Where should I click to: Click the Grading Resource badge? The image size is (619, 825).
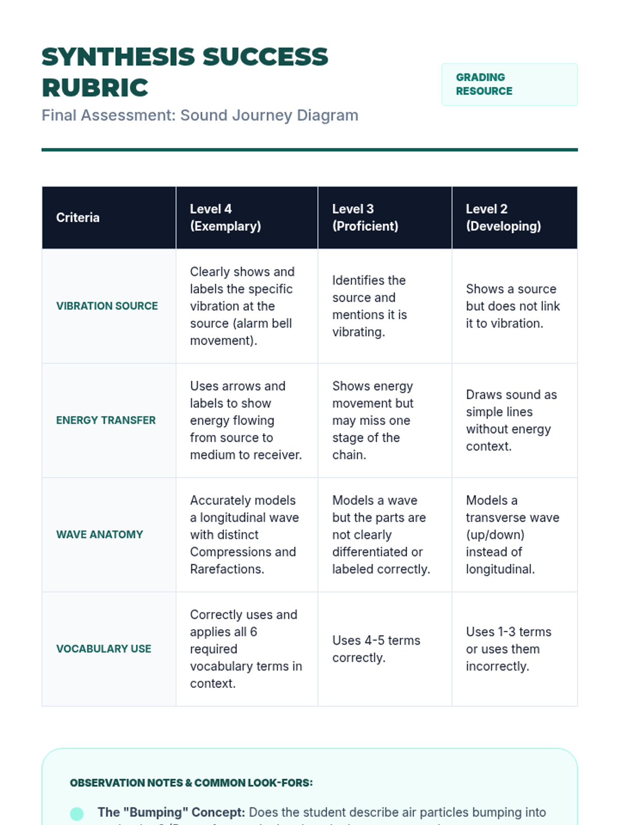pyautogui.click(x=509, y=85)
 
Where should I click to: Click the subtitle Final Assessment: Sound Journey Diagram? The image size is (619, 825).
pyautogui.click(x=200, y=115)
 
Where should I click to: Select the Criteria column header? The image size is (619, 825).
pyautogui.click(x=78, y=218)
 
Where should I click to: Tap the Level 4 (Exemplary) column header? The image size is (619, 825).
pyautogui.click(x=225, y=218)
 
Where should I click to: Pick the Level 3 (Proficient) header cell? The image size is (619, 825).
pyautogui.click(x=365, y=218)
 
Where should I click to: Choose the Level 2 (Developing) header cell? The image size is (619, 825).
pyautogui.click(x=503, y=218)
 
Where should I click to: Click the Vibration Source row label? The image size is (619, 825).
pyautogui.click(x=107, y=306)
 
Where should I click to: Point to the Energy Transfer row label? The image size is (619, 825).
pyautogui.click(x=106, y=420)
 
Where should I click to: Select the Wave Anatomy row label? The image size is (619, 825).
pyautogui.click(x=100, y=535)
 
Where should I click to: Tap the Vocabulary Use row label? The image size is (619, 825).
pyautogui.click(x=104, y=649)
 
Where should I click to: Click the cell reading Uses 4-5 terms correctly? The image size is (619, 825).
pyautogui.click(x=376, y=649)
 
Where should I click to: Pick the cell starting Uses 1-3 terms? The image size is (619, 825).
pyautogui.click(x=508, y=649)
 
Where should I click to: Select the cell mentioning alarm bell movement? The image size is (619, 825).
pyautogui.click(x=242, y=306)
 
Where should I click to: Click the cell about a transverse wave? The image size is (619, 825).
pyautogui.click(x=512, y=535)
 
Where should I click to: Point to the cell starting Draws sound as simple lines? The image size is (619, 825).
pyautogui.click(x=511, y=420)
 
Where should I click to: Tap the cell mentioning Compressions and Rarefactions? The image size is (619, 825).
pyautogui.click(x=244, y=535)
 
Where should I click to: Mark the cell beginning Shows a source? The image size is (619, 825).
pyautogui.click(x=512, y=306)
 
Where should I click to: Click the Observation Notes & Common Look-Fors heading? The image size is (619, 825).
pyautogui.click(x=191, y=783)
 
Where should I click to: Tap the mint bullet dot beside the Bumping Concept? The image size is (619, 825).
pyautogui.click(x=77, y=814)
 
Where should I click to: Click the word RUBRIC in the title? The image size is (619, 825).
pyautogui.click(x=95, y=88)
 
